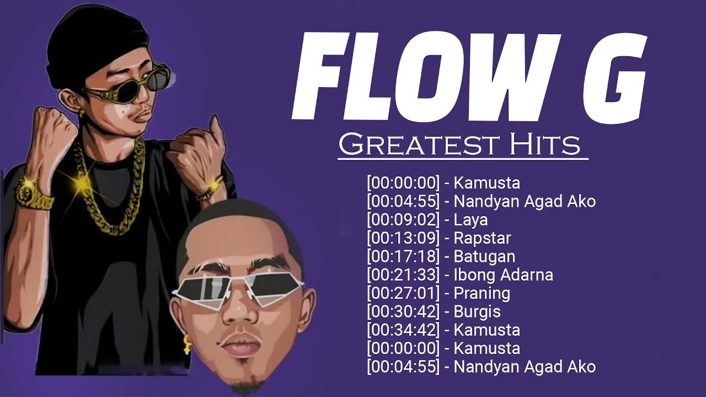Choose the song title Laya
click(x=470, y=219)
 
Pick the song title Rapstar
click(x=482, y=238)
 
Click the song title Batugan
click(x=484, y=256)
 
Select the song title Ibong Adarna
click(x=503, y=275)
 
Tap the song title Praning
click(x=482, y=293)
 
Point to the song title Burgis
click(x=477, y=312)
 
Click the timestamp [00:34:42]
click(x=403, y=330)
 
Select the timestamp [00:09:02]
click(x=403, y=219)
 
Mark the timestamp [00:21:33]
click(x=403, y=275)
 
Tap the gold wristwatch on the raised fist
click(x=28, y=193)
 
